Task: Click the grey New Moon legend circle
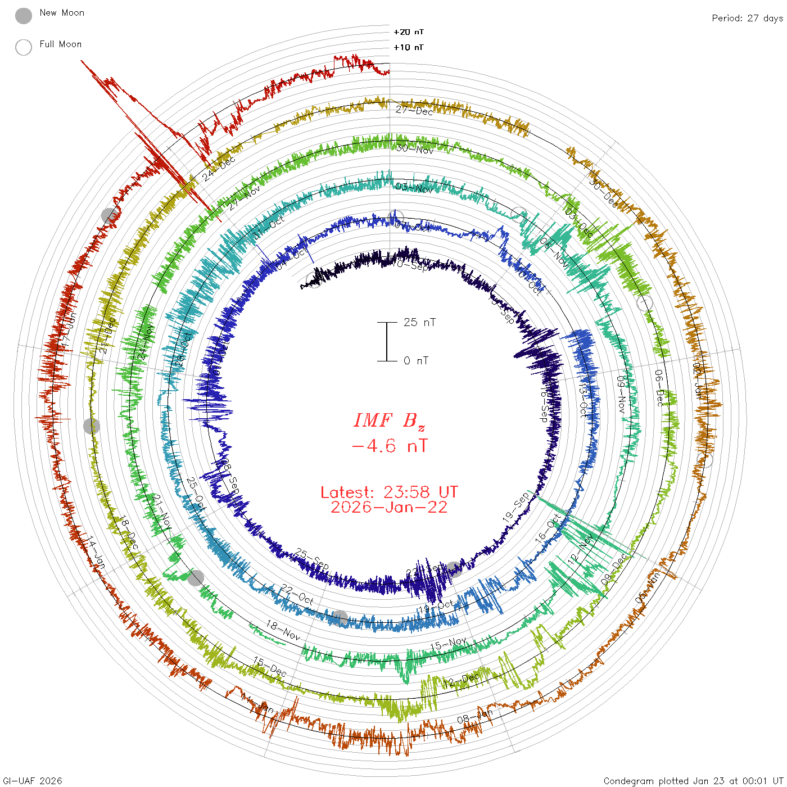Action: click(24, 16)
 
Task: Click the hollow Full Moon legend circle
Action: click(24, 47)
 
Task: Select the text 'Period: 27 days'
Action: click(747, 18)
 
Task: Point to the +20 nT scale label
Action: click(409, 32)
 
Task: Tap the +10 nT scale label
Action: click(409, 47)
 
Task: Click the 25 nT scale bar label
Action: click(419, 322)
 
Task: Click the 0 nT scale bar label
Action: click(416, 360)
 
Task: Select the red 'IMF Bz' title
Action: click(389, 420)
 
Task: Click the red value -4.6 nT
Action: click(389, 446)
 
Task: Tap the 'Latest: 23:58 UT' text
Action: click(389, 492)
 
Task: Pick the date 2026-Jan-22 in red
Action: click(389, 507)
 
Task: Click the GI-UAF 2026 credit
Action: click(31, 781)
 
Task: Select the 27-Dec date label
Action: click(414, 110)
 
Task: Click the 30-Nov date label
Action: click(414, 148)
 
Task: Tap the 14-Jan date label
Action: click(96, 553)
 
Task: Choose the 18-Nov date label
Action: click(283, 631)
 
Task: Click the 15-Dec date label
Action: click(270, 667)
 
